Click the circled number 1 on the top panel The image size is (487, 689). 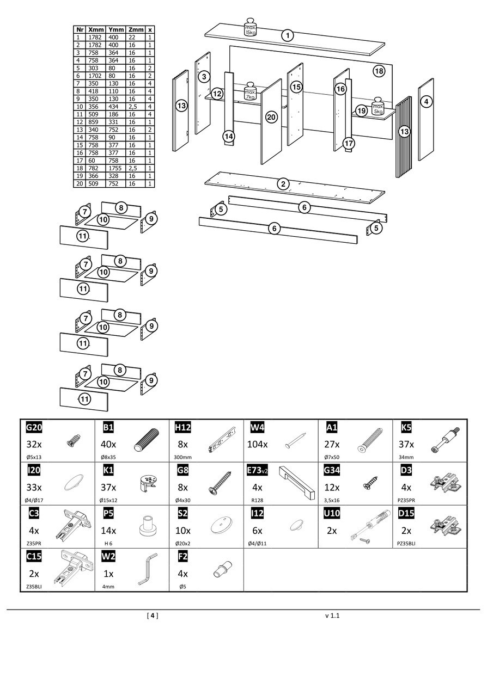coord(288,36)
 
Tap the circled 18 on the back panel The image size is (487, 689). coord(379,71)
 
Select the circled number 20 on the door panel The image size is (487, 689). coord(271,117)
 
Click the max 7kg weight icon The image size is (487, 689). coord(250,91)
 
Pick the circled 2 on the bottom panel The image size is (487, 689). coord(283,184)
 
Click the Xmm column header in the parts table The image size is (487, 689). coord(96,30)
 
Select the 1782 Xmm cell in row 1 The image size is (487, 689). coord(96,38)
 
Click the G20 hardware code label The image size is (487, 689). coord(34,427)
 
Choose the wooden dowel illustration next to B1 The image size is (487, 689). coord(146,438)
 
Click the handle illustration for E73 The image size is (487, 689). coord(297,482)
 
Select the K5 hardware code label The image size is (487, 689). coord(406,427)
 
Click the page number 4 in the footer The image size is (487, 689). coord(153,616)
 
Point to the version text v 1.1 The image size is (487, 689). coord(332,616)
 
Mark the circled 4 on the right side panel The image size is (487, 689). coord(427,101)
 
